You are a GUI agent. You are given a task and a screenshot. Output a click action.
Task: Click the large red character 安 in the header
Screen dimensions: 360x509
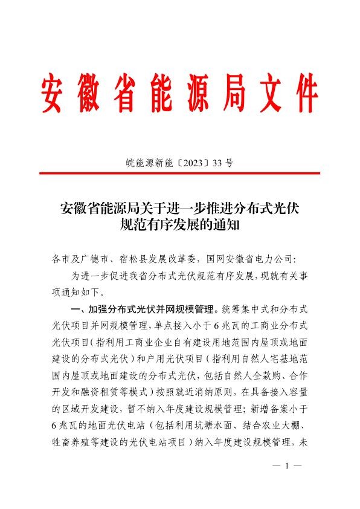tap(56, 93)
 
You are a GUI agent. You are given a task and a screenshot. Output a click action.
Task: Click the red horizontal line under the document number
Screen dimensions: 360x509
tap(179, 173)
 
